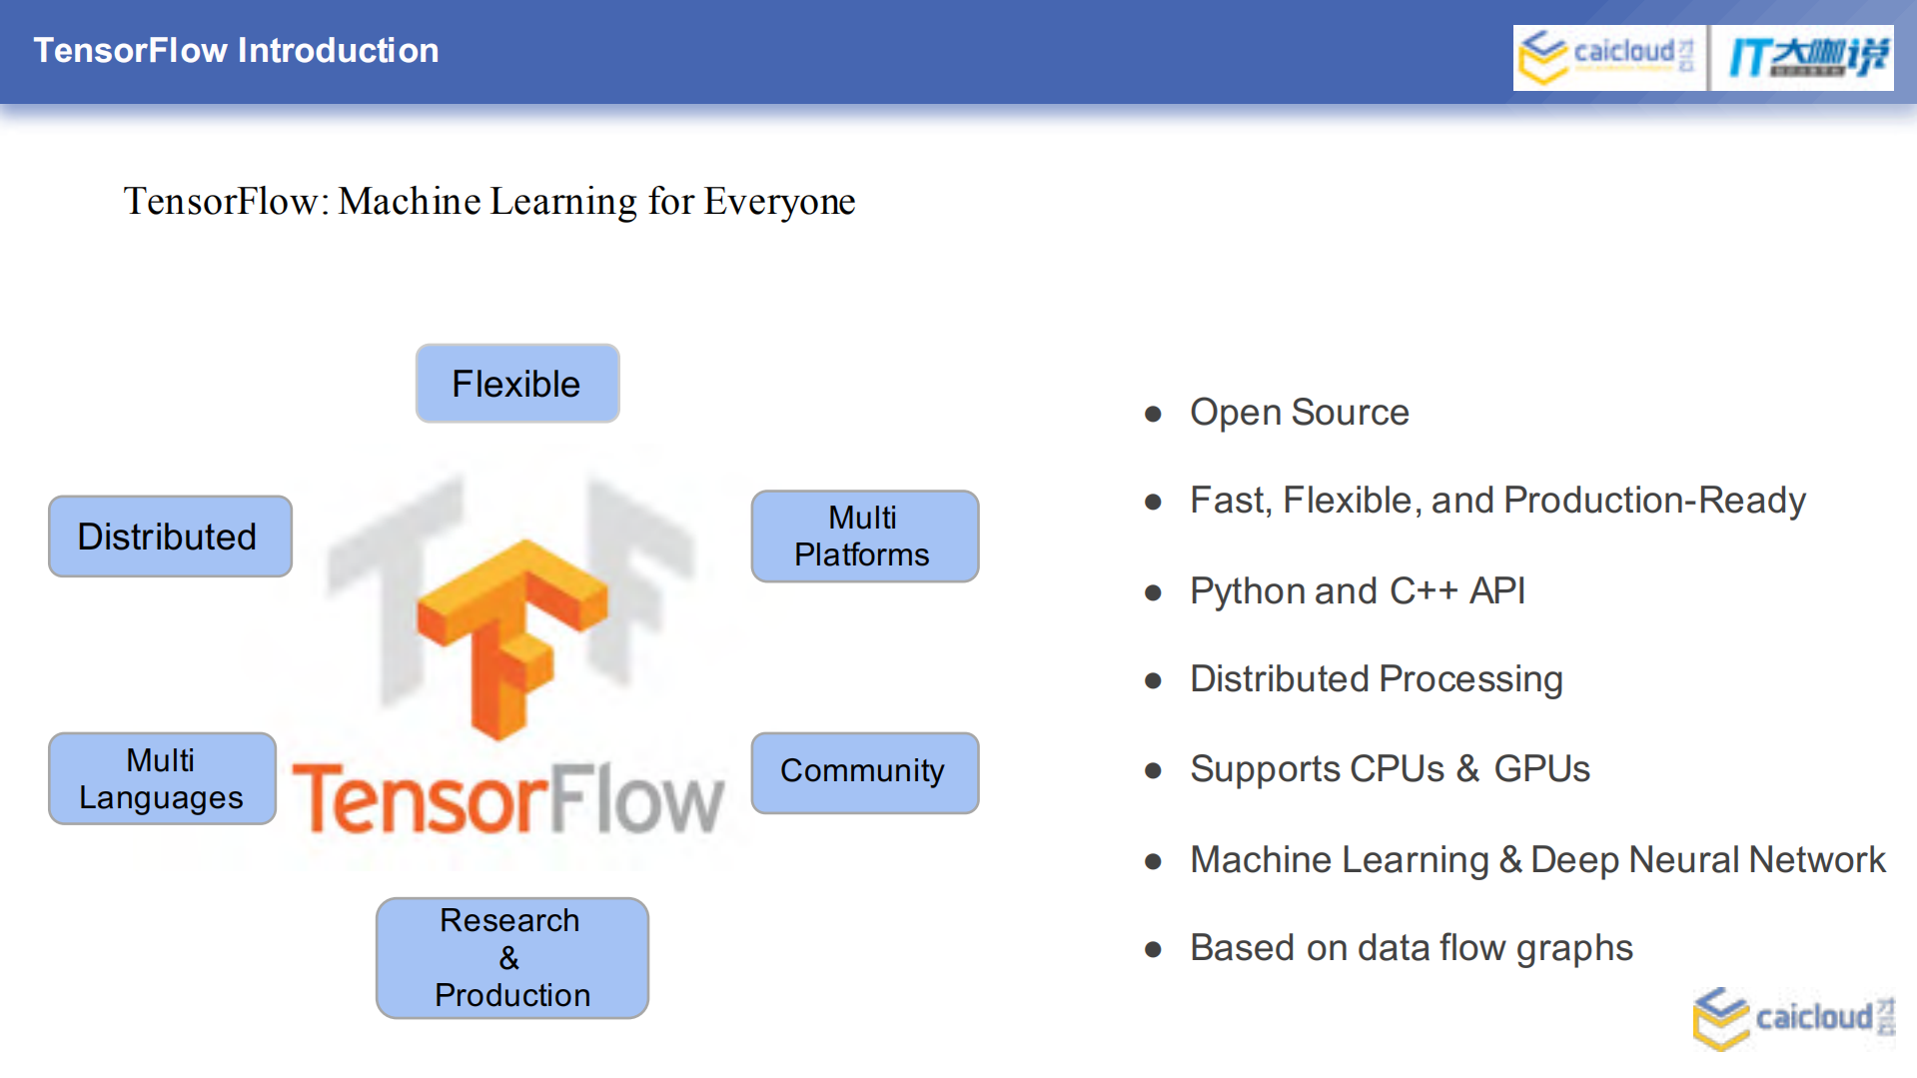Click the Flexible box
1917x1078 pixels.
click(x=517, y=384)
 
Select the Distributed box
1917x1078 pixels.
click(x=170, y=537)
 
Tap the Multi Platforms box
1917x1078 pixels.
click(x=864, y=537)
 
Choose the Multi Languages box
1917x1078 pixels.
click(x=162, y=778)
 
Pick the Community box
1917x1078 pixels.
click(x=864, y=772)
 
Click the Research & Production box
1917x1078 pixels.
click(x=511, y=958)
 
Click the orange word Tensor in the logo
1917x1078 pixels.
click(x=420, y=799)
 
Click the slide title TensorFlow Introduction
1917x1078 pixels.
click(x=236, y=51)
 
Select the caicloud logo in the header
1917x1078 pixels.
click(x=1607, y=57)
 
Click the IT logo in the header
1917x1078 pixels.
click(x=1804, y=57)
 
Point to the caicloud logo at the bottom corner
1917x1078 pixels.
click(x=1793, y=1019)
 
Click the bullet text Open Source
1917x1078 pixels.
click(x=1299, y=413)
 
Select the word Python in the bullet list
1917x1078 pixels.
click(x=1248, y=591)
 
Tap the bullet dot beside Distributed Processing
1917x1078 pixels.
click(x=1153, y=681)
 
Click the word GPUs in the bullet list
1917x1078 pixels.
click(x=1541, y=769)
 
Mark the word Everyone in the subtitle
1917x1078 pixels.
click(x=779, y=202)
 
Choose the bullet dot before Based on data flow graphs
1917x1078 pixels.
click(x=1153, y=949)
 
